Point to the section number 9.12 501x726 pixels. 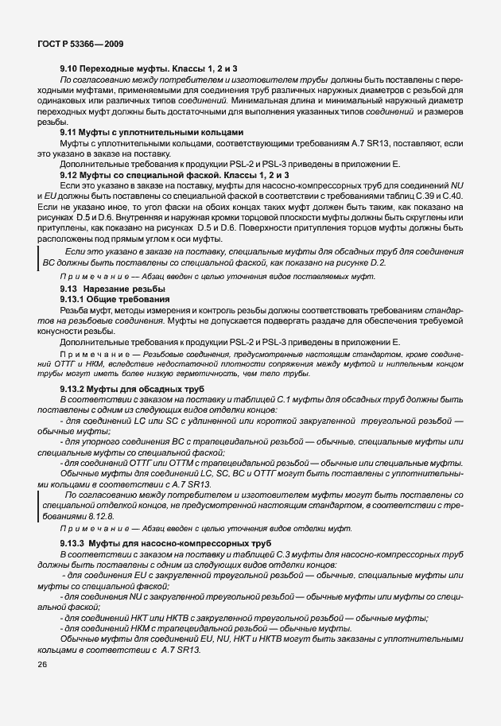[72, 173]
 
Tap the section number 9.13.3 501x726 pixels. [74, 542]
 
